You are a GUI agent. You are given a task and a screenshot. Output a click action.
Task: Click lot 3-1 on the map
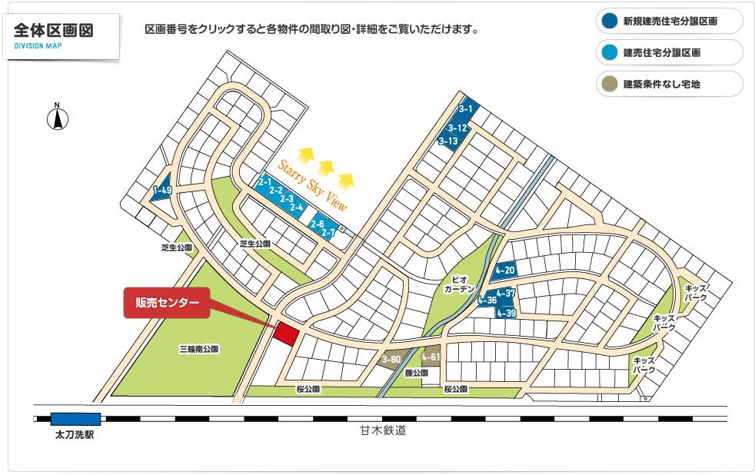466,110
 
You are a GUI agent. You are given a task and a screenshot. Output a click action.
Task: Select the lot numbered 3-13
448,141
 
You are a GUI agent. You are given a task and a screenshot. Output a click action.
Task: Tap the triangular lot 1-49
162,190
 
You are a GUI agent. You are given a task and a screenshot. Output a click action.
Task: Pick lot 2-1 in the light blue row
265,182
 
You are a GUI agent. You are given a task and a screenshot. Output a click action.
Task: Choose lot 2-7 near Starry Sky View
328,231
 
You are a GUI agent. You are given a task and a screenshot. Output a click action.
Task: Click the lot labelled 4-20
505,270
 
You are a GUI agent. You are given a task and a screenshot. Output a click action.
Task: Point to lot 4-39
506,313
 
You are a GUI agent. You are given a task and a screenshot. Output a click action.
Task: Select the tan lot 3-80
391,359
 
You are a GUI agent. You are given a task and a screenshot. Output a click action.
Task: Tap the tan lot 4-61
431,357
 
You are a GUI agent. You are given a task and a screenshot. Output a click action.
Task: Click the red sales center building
286,334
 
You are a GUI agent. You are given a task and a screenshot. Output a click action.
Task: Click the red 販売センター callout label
167,303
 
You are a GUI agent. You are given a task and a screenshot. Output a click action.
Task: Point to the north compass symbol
57,118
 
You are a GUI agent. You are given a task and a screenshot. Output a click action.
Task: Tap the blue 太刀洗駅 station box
75,419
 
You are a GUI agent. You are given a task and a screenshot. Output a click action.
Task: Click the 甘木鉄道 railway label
382,431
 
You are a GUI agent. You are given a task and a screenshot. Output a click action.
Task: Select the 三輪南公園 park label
199,349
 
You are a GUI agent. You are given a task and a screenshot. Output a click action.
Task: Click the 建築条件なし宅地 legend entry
668,84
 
